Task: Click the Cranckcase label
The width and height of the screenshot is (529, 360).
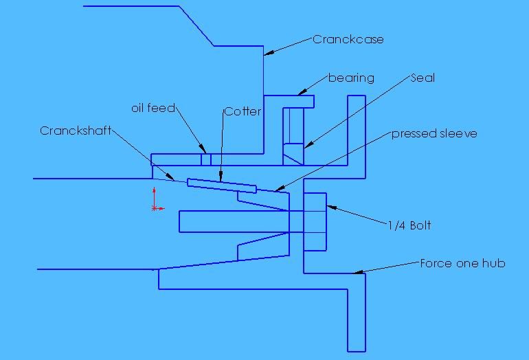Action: [x=348, y=39]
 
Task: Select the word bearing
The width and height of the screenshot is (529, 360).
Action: [x=351, y=78]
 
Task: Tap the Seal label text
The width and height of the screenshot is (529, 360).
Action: [x=423, y=78]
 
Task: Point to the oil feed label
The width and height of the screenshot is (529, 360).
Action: [x=153, y=109]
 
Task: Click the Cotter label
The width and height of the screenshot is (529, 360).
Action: [x=242, y=111]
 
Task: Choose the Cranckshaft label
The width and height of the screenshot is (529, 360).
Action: [x=75, y=130]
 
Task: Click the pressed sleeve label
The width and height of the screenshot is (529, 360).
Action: [x=434, y=133]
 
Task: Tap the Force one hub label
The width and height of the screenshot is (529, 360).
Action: [x=462, y=263]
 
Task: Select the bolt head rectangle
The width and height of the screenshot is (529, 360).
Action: [x=315, y=223]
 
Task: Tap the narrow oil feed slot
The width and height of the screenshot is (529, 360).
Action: [x=205, y=159]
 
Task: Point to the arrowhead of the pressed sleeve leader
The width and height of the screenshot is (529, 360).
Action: [x=277, y=190]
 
